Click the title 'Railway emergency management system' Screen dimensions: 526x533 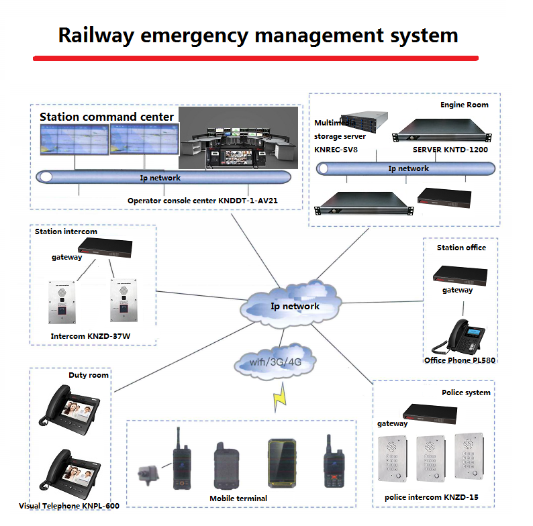pos(258,35)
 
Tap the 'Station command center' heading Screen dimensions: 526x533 pos(106,117)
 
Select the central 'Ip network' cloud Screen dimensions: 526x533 pos(295,306)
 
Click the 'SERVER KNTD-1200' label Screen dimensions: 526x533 pos(450,150)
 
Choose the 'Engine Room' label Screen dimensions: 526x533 pos(464,105)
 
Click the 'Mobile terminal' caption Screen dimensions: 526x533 pos(238,498)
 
